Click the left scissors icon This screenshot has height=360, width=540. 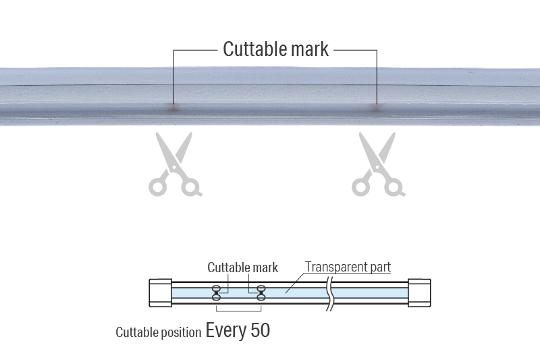pyautogui.click(x=174, y=165)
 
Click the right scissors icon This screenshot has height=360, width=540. pyautogui.click(x=377, y=165)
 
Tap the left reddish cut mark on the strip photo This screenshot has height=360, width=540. pyautogui.click(x=173, y=106)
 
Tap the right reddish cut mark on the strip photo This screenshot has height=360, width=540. pyautogui.click(x=377, y=106)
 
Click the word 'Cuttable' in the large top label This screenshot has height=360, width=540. pyautogui.click(x=252, y=49)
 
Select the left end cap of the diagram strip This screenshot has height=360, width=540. pyautogui.click(x=159, y=292)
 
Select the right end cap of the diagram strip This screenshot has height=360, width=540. pyautogui.click(x=419, y=292)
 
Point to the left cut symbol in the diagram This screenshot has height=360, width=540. pyautogui.click(x=217, y=292)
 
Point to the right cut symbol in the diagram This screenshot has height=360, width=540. pyautogui.click(x=261, y=292)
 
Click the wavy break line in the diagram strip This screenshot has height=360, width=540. pyautogui.click(x=331, y=292)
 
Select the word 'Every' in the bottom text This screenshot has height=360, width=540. pyautogui.click(x=226, y=331)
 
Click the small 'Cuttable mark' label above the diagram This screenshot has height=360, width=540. pyautogui.click(x=242, y=267)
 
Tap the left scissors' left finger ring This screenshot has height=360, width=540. pyautogui.click(x=159, y=185)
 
